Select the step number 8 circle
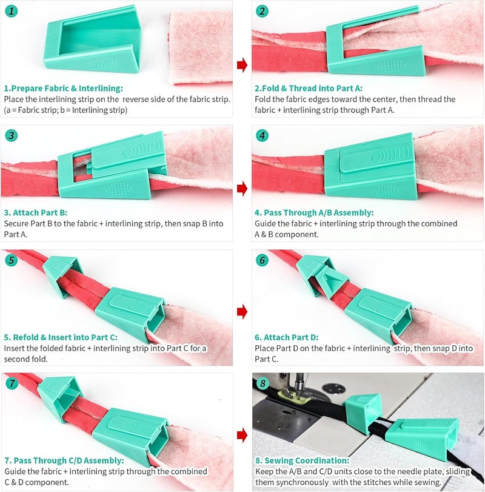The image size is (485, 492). click(261, 383)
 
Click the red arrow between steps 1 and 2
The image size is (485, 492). click(242, 65)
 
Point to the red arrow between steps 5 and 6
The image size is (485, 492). click(242, 312)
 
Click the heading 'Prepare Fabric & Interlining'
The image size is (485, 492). click(63, 88)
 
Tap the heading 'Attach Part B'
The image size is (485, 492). click(35, 213)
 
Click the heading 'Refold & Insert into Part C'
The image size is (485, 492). click(61, 337)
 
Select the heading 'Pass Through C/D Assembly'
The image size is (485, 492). click(64, 461)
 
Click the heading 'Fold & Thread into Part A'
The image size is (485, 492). click(310, 88)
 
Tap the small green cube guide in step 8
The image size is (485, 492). click(362, 413)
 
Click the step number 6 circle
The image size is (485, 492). click(261, 260)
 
